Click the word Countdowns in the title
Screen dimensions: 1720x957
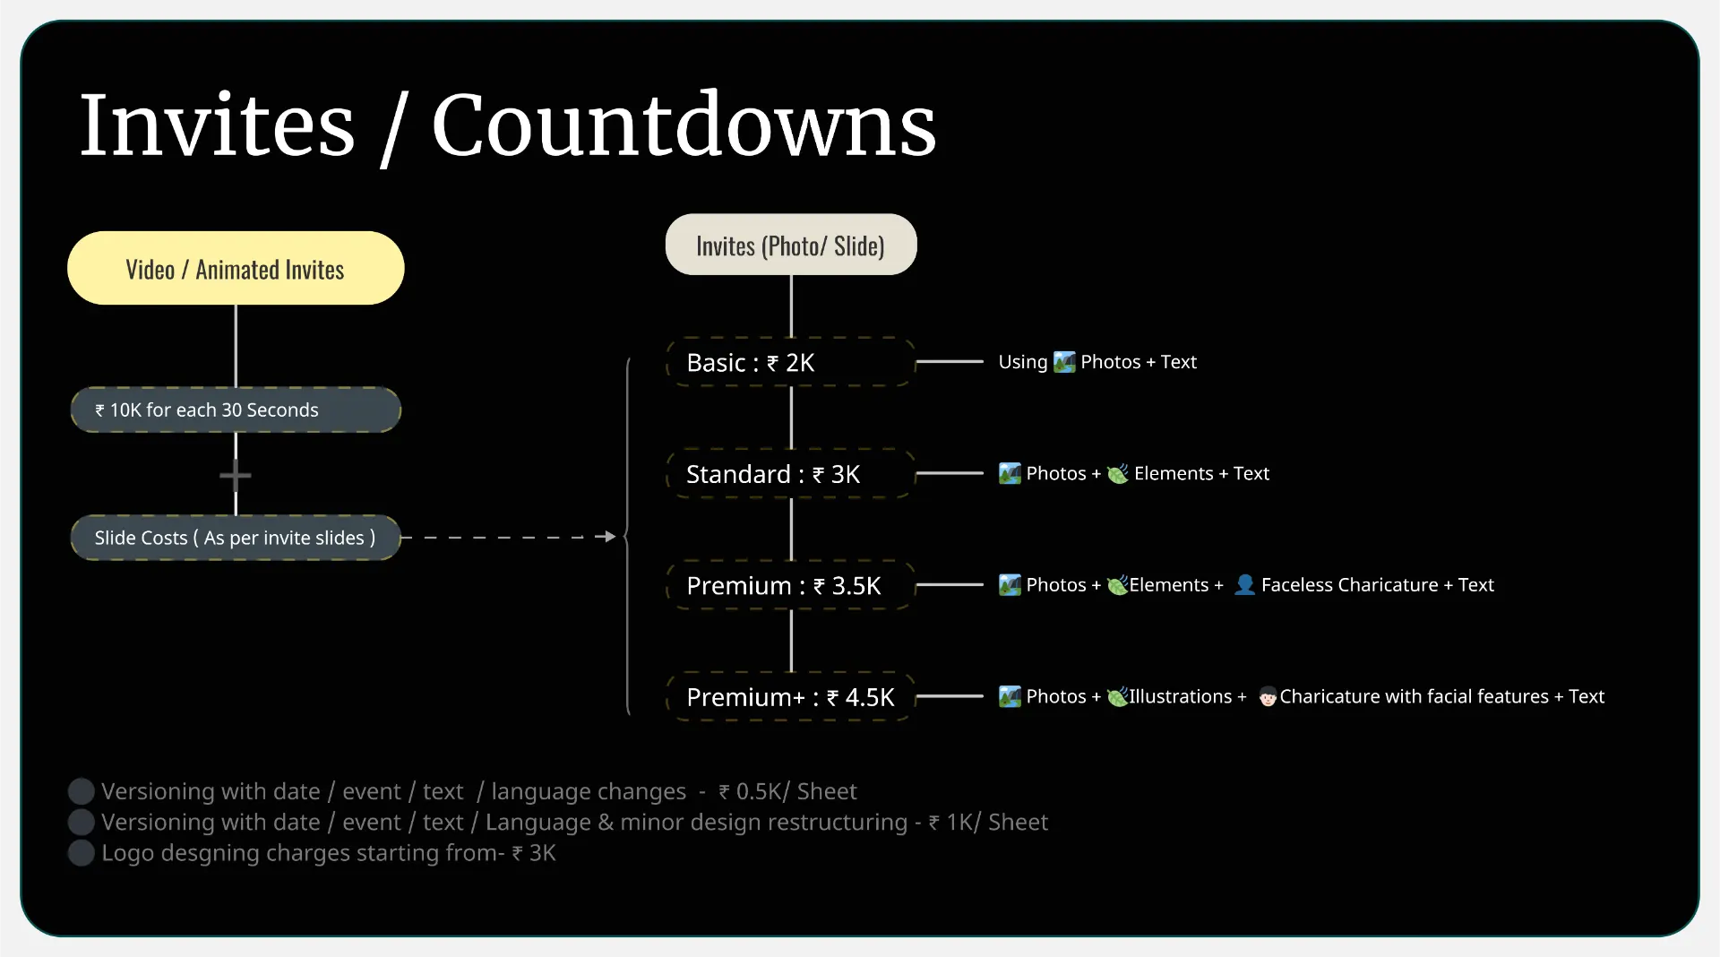coord(684,125)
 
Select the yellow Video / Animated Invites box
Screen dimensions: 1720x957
coord(236,268)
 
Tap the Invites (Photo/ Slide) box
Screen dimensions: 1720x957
coord(791,245)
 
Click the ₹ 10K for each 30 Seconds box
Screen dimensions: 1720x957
coord(236,410)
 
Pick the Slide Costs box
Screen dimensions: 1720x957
coord(236,538)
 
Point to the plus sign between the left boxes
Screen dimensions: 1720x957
coord(236,475)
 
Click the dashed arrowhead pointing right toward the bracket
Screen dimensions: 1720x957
coord(610,537)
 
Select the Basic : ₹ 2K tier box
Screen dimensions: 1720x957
coord(791,362)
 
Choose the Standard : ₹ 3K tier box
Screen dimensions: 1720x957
coord(791,473)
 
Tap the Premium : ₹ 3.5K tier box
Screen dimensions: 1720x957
coord(791,585)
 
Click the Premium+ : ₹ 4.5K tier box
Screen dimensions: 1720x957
coord(791,696)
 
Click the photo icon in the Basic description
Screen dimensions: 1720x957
coord(1064,362)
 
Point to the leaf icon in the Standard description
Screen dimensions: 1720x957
coord(1118,473)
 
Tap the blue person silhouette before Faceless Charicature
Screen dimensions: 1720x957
coord(1244,584)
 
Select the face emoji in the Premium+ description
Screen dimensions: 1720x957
coord(1268,696)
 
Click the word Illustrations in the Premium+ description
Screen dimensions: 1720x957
coord(1180,696)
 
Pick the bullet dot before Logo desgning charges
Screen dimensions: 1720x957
coord(82,852)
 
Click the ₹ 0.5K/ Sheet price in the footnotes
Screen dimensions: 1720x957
coord(787,791)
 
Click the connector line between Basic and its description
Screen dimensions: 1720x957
coord(950,361)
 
